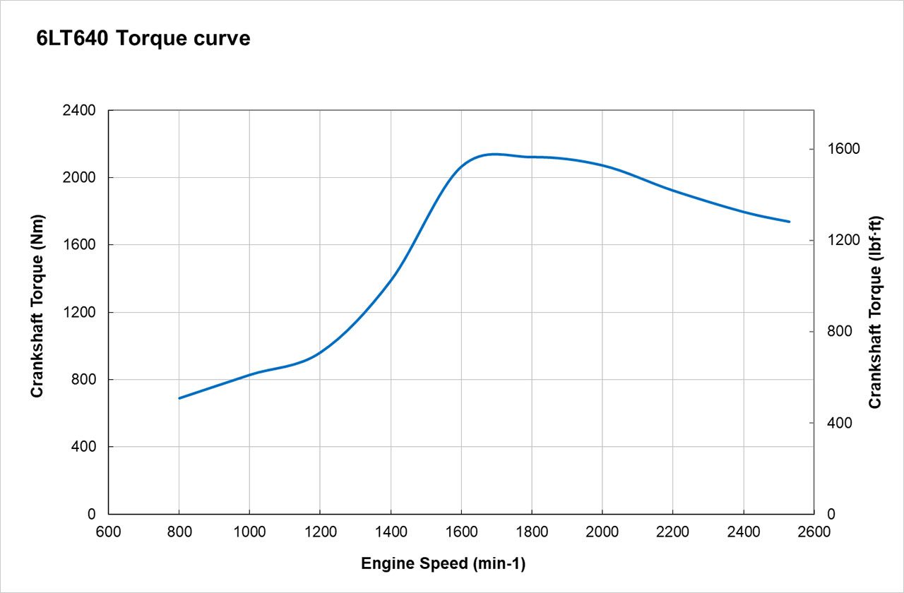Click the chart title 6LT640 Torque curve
pyautogui.click(x=143, y=39)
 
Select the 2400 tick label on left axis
pyautogui.click(x=81, y=111)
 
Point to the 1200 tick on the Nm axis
pyautogui.click(x=81, y=312)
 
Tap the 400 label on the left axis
pyautogui.click(x=84, y=447)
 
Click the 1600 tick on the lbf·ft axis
pyautogui.click(x=840, y=149)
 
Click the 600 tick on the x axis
pyautogui.click(x=108, y=532)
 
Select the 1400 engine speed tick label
pyautogui.click(x=391, y=532)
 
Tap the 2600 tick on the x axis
pyautogui.click(x=814, y=532)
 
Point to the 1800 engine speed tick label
pyautogui.click(x=532, y=532)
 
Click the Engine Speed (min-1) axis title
pyautogui.click(x=444, y=564)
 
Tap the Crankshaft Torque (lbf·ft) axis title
pyautogui.click(x=875, y=312)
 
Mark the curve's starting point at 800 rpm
pyautogui.click(x=179, y=398)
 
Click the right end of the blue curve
pyautogui.click(x=790, y=222)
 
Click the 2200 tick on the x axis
pyautogui.click(x=673, y=532)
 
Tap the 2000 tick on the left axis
pyautogui.click(x=81, y=178)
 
